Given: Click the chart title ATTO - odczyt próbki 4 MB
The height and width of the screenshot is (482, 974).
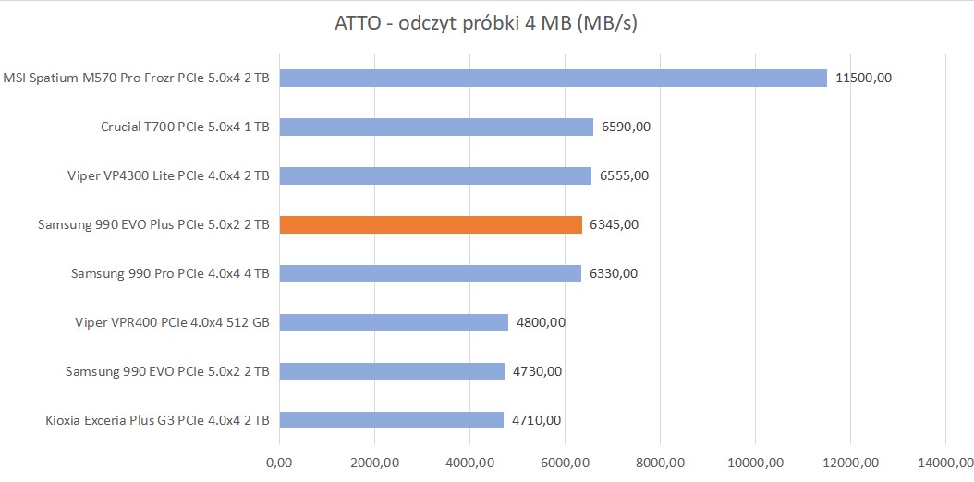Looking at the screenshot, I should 486,23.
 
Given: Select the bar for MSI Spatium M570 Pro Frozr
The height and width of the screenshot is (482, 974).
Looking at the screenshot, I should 553,78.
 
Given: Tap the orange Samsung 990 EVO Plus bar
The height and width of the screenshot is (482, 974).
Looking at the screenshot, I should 431,224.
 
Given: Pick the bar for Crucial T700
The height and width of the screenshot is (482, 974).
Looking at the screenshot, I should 436,127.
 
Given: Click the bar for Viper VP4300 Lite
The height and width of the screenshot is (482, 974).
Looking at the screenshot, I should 435,175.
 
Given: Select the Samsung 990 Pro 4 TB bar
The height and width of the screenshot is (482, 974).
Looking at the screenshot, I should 430,273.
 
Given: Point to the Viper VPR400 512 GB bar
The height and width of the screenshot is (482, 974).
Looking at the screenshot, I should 394,322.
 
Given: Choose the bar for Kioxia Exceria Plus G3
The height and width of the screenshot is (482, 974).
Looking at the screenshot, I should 391,420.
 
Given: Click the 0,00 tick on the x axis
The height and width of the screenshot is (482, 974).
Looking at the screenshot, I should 279,462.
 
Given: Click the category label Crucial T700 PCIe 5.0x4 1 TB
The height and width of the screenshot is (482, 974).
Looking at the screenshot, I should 185,127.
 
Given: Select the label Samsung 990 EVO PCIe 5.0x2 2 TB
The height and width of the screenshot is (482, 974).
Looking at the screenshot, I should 167,371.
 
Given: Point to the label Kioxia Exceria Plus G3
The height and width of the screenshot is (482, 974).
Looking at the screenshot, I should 157,420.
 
